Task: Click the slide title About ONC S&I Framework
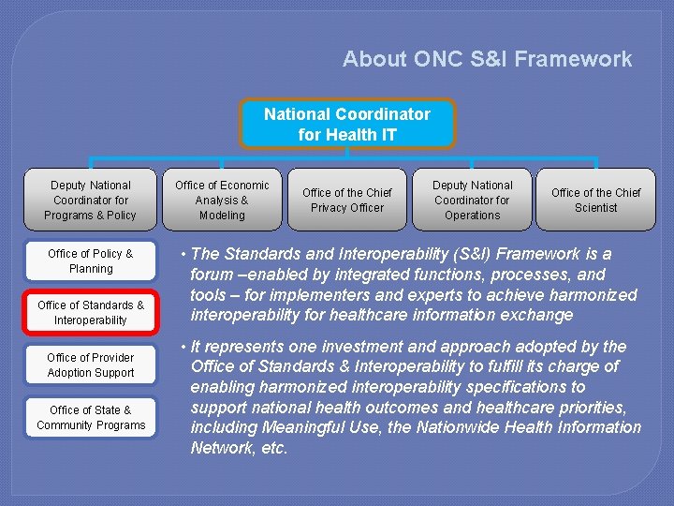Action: pos(487,59)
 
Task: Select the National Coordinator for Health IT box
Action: pos(347,124)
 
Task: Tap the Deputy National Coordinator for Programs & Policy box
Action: pos(91,200)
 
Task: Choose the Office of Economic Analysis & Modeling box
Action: pos(222,200)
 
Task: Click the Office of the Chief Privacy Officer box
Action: pos(347,200)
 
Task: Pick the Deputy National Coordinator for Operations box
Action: pos(473,200)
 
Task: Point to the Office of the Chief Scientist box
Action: pos(596,200)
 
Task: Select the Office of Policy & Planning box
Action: pos(91,261)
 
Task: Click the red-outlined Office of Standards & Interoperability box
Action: pos(91,313)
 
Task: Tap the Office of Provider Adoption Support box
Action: pos(91,365)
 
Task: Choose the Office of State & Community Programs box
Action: pos(91,418)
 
